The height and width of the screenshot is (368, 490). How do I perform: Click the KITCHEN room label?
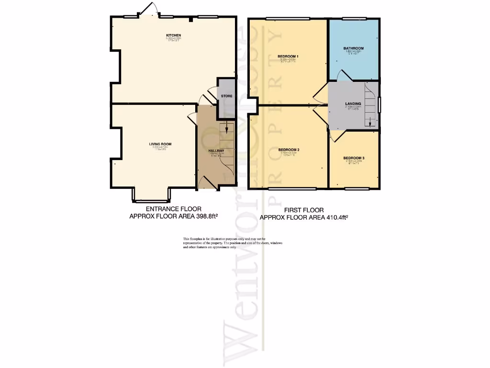pos(173,35)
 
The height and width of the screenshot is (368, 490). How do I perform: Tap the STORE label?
pos(227,96)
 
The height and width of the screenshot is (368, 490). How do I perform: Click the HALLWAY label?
pos(216,150)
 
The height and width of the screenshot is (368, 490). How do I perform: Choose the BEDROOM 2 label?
pos(289,150)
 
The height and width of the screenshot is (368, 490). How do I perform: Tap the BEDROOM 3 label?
pos(354,158)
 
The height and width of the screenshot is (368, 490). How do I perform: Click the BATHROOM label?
pos(353,48)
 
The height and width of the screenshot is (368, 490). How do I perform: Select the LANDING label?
pos(353,103)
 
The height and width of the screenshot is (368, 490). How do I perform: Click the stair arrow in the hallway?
pos(227,128)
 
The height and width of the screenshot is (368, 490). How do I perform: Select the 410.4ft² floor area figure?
pos(336,217)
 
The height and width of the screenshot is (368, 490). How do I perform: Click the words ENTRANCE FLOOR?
pos(173,209)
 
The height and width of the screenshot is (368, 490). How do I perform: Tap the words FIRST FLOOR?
pos(304,210)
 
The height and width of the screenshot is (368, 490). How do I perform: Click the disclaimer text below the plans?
pos(233,243)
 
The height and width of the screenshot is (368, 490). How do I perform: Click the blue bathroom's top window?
pos(355,19)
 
